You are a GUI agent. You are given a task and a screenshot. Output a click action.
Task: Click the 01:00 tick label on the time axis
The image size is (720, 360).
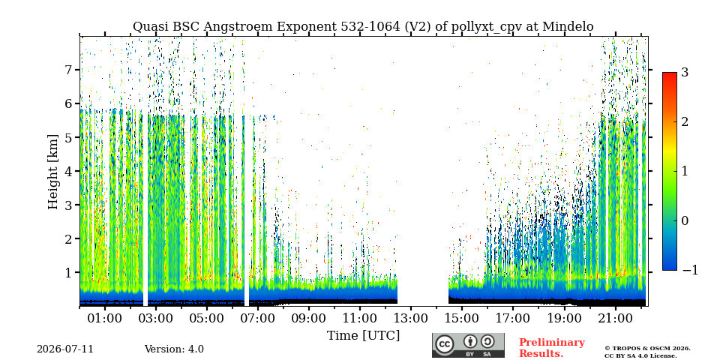(105, 318)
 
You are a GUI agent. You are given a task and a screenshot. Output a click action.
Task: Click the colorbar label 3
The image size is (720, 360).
(685, 72)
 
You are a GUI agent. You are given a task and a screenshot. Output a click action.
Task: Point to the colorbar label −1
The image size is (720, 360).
(690, 270)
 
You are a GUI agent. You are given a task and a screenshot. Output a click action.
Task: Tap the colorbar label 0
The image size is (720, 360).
(685, 220)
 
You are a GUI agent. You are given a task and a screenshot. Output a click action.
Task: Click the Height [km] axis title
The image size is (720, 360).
(53, 172)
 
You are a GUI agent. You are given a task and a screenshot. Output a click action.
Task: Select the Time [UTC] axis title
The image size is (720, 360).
(363, 336)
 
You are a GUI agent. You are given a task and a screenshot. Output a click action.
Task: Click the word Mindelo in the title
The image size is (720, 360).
(568, 27)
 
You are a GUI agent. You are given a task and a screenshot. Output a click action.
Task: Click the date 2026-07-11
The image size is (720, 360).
(65, 349)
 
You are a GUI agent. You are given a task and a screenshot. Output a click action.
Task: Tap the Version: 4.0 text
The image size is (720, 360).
(174, 349)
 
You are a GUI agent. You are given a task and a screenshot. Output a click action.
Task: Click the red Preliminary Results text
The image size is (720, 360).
(552, 348)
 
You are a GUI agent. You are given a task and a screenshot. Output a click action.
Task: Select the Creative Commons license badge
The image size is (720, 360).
(468, 345)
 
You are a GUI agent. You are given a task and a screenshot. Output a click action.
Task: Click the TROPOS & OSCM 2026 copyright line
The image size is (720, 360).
(647, 349)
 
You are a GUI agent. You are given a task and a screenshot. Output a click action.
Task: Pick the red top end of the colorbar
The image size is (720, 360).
(670, 74)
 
